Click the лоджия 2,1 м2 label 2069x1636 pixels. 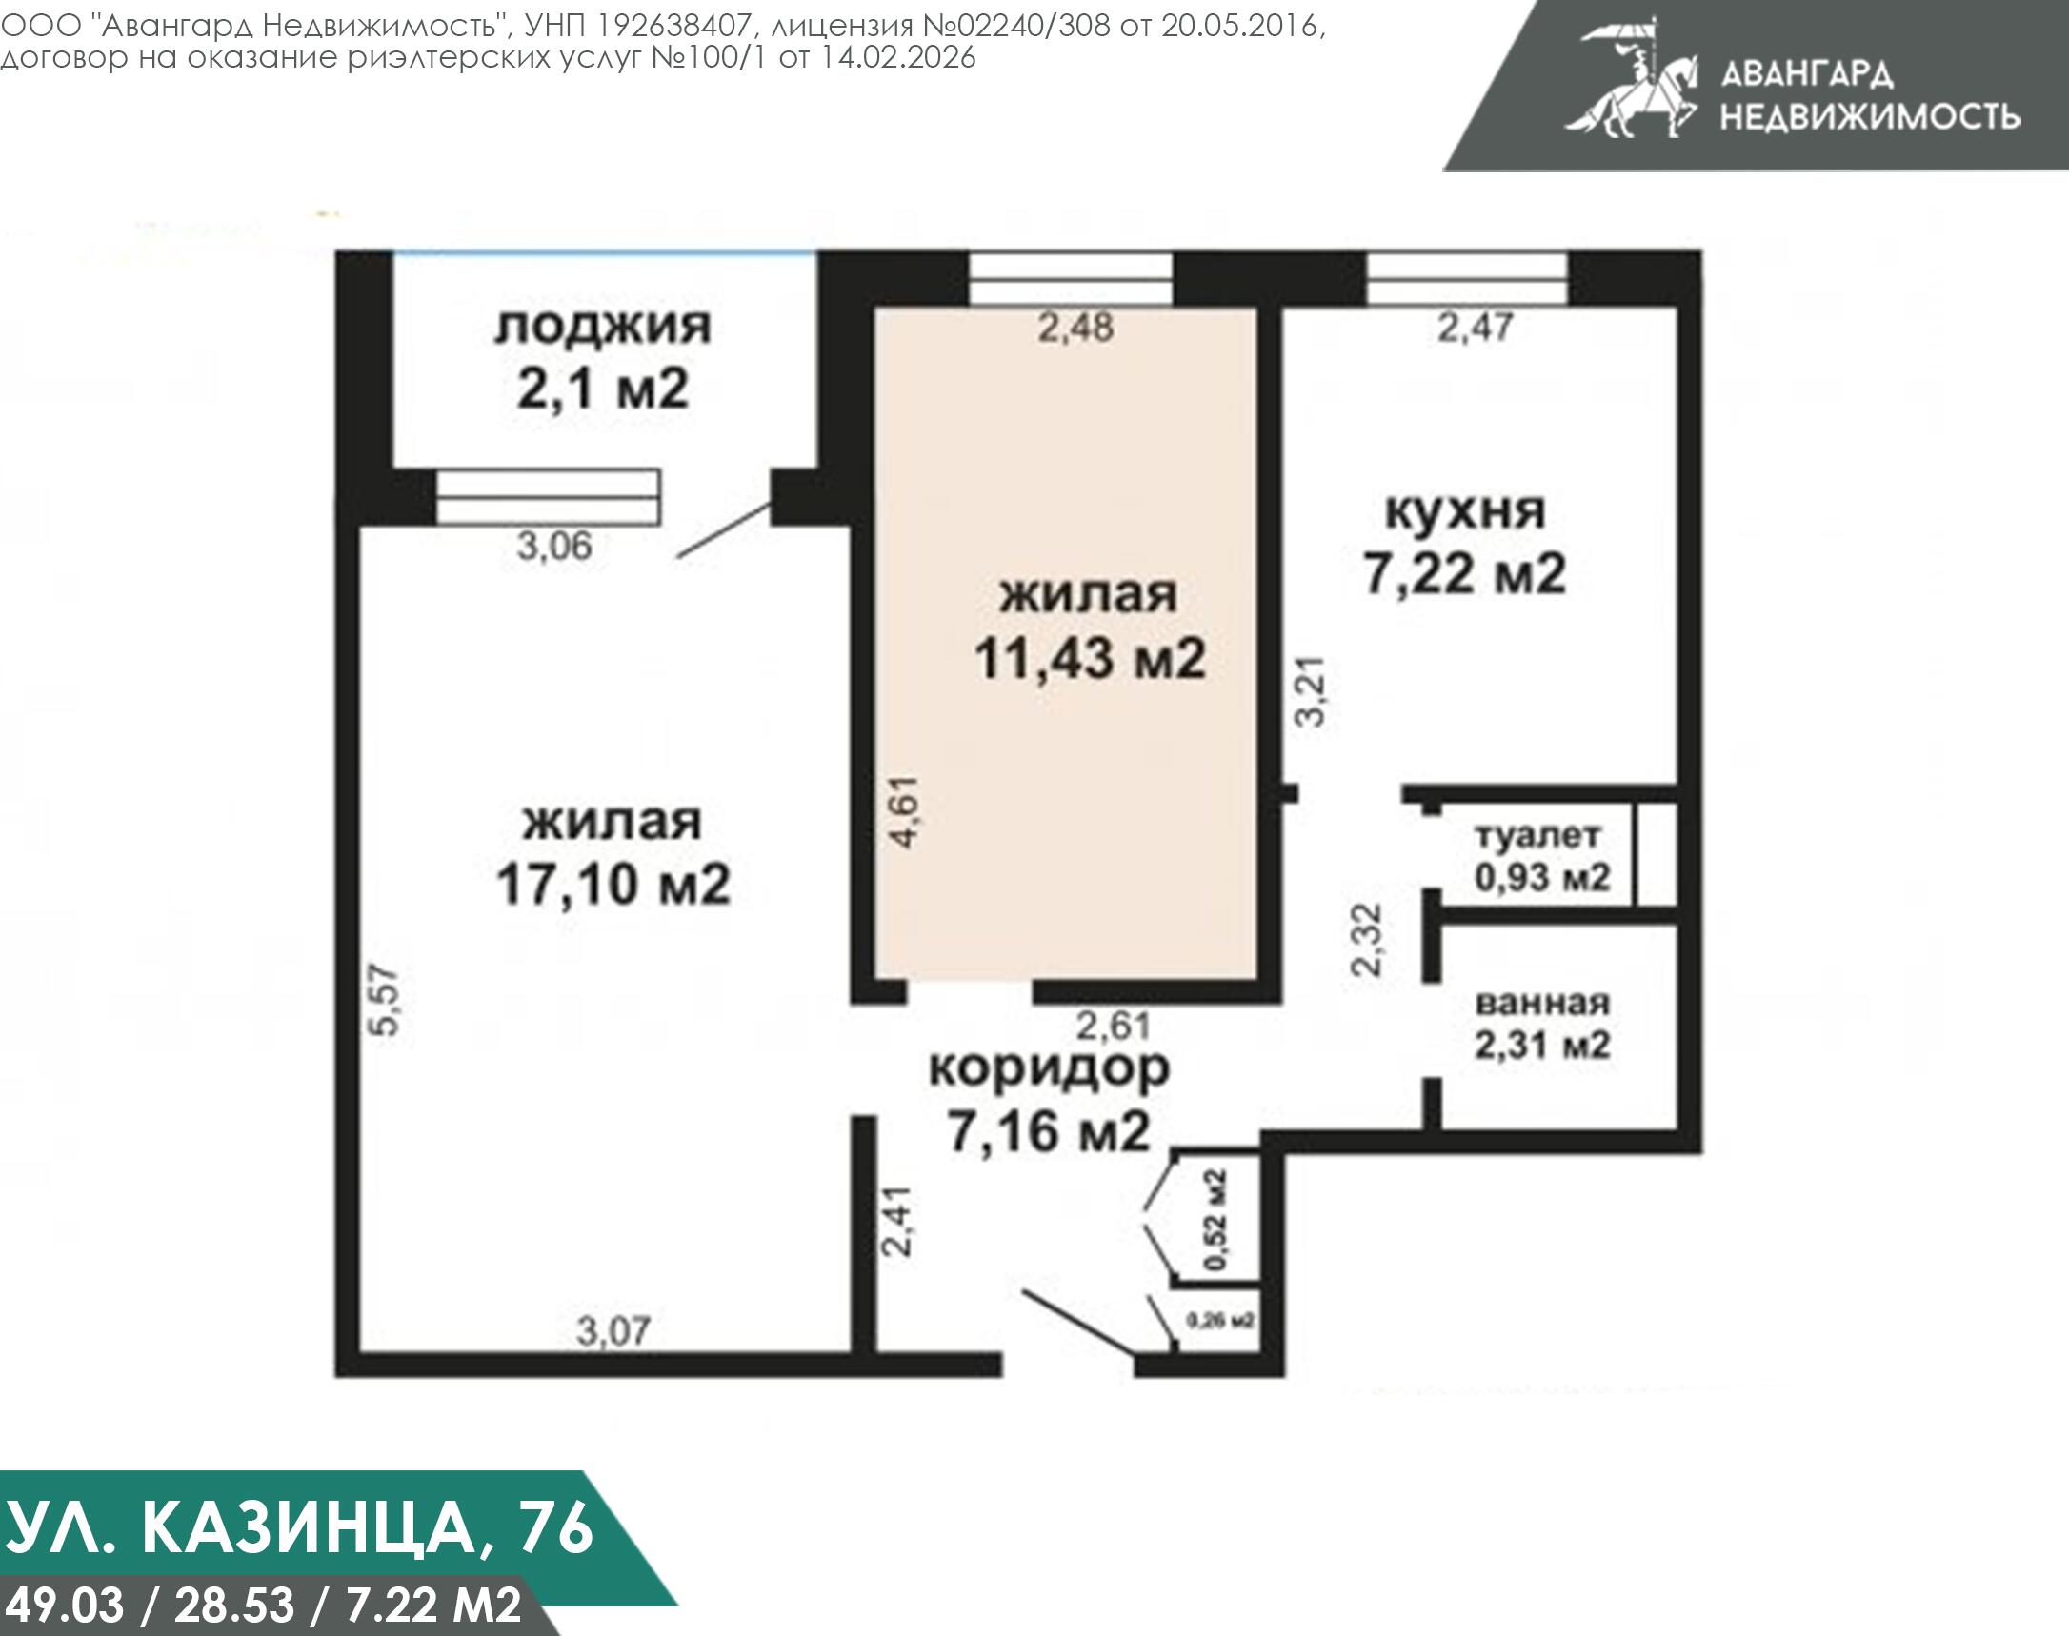point(603,359)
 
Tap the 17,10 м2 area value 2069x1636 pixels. point(613,883)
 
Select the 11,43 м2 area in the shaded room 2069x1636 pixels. point(1090,659)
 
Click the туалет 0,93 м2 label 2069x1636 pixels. point(1541,855)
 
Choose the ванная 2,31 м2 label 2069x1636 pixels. point(1542,1024)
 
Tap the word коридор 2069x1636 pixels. point(1050,1067)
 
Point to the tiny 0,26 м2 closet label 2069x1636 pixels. point(1220,1321)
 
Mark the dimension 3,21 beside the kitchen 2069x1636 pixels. point(1310,690)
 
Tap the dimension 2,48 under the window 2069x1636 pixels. point(1076,328)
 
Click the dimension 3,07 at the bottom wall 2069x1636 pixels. point(613,1330)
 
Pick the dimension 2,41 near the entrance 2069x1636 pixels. point(898,1221)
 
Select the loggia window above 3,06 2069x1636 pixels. point(548,497)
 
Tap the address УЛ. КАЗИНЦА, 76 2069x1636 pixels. point(299,1527)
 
